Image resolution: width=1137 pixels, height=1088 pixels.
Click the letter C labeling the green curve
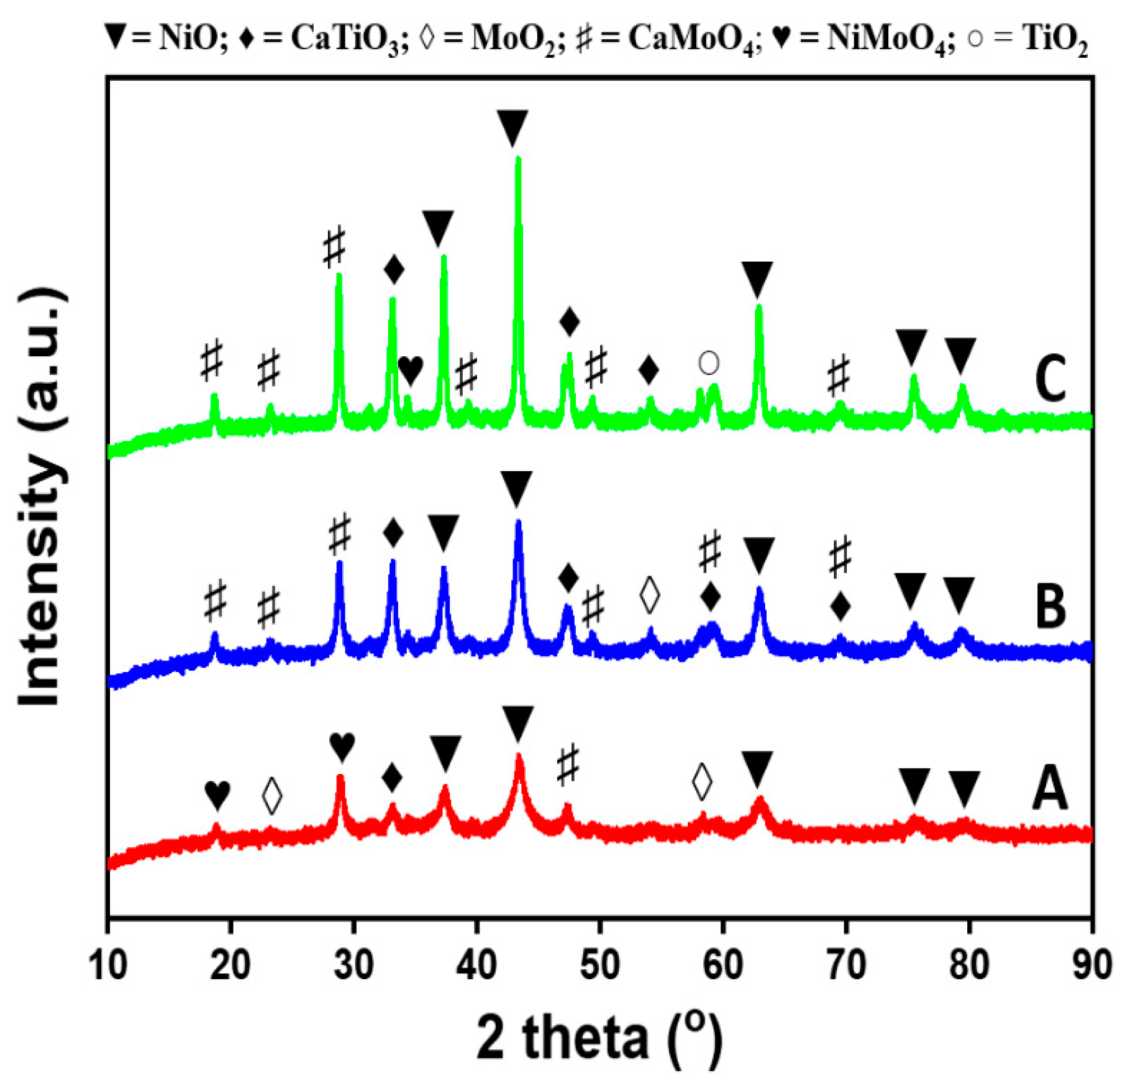pos(1050,378)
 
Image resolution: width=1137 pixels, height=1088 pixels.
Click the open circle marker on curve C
pos(709,363)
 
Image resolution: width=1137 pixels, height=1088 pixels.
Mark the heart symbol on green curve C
pos(411,369)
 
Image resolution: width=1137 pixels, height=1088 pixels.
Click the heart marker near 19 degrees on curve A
pos(217,794)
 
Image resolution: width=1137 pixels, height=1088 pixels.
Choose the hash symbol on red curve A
pos(567,764)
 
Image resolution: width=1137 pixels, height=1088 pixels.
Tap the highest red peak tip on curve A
pos(518,756)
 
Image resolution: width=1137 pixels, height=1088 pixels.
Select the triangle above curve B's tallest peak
pos(516,489)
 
